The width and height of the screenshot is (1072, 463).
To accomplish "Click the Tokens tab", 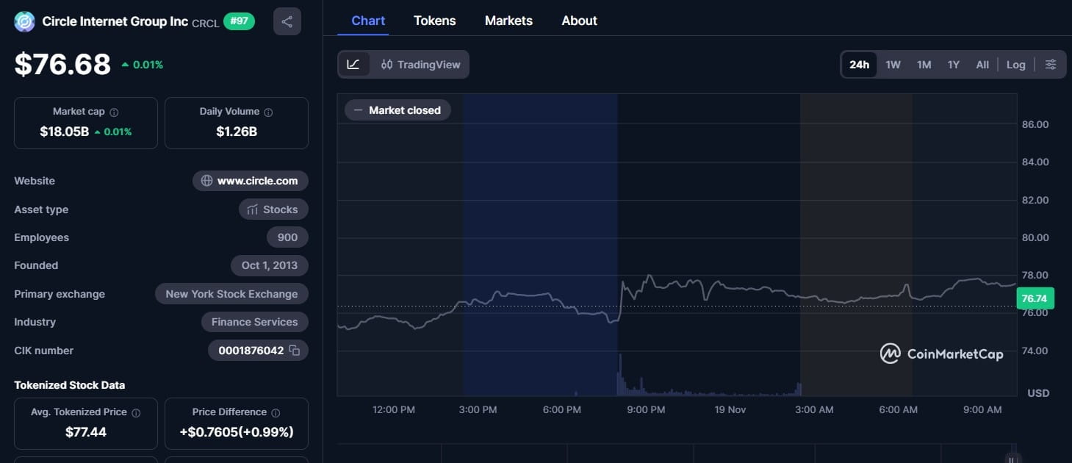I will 434,21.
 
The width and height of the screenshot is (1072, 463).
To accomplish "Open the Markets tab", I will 508,21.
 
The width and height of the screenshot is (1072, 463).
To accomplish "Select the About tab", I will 579,21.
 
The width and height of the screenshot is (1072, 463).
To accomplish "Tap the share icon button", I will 287,21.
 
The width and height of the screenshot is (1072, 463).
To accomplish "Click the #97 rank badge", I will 239,21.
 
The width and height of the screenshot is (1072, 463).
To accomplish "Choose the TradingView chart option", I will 420,65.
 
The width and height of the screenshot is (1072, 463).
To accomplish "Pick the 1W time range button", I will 893,65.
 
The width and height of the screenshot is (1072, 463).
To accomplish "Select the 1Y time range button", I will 953,65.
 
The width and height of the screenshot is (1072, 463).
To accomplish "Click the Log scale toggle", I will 1015,65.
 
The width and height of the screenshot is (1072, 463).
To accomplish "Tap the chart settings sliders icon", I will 1051,65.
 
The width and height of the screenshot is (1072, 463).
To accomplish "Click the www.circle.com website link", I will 251,181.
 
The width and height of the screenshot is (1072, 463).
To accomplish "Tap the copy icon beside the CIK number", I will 295,351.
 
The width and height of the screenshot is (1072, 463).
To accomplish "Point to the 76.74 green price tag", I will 1035,298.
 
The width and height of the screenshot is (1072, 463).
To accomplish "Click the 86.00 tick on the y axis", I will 1035,124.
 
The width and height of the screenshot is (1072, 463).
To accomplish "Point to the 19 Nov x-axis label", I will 730,409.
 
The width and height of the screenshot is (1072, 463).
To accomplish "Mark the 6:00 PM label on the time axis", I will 562,409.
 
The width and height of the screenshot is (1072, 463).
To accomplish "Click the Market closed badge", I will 397,110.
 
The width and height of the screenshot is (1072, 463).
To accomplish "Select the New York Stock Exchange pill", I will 231,294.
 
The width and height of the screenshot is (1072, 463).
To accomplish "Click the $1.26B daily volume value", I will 237,132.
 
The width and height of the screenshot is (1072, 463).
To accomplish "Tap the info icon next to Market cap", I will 114,112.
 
